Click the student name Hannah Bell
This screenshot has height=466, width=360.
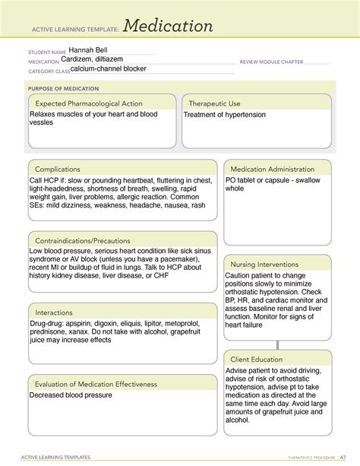point(90,50)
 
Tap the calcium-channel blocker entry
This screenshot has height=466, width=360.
point(109,68)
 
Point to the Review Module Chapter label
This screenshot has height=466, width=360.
point(271,62)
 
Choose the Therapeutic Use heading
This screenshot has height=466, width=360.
point(214,103)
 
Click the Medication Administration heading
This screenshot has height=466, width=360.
point(272,169)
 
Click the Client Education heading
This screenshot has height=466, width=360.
point(258,359)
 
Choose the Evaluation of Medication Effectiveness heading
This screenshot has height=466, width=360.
point(95,384)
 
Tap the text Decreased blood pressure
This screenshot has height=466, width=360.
point(71,395)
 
